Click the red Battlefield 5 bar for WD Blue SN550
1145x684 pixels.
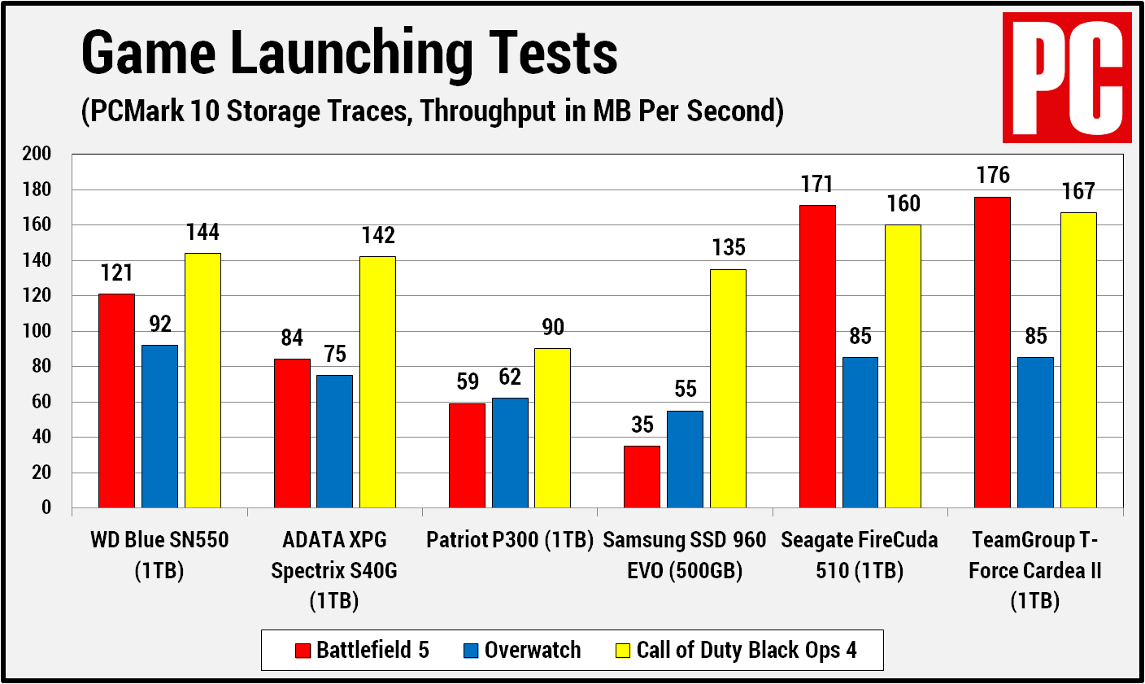tap(116, 400)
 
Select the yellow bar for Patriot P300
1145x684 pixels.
tap(552, 428)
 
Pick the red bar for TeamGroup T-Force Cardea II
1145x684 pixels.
tap(992, 352)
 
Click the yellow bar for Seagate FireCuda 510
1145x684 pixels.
tap(903, 366)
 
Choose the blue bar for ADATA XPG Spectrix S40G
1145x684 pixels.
tap(335, 441)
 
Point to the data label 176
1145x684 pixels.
tap(993, 175)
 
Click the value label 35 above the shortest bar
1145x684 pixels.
tap(642, 425)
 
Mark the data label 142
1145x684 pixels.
tap(378, 235)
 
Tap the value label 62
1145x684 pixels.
tap(510, 377)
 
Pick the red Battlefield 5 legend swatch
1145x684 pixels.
tap(303, 651)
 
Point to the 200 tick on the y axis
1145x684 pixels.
tap(37, 154)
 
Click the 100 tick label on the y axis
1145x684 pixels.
tap(37, 331)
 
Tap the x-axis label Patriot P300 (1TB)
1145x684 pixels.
tap(510, 540)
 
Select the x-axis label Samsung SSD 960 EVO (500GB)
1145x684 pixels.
tap(685, 555)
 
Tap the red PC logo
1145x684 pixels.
tap(1066, 77)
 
